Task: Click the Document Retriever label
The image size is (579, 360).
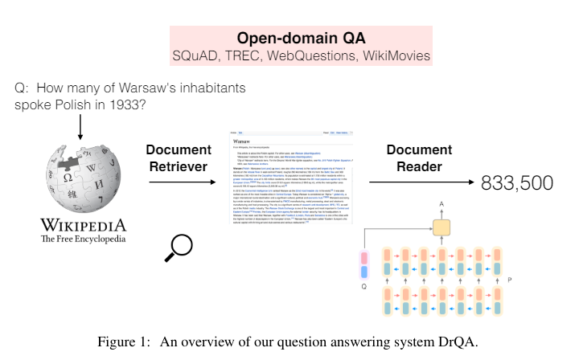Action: [178, 157]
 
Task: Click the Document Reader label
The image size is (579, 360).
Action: [413, 157]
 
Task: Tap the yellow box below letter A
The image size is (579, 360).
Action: [441, 227]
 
